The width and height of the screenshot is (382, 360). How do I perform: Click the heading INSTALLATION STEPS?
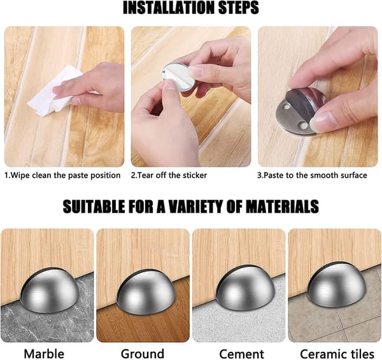(191, 8)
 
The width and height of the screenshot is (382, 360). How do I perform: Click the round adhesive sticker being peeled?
(177, 76)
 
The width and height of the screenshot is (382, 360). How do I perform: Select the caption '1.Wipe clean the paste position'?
(62, 175)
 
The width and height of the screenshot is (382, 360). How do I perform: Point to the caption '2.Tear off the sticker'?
(169, 175)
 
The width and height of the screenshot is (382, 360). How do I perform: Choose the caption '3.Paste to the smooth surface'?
(312, 175)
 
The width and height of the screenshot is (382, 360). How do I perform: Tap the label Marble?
(44, 354)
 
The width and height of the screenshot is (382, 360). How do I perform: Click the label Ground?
(143, 354)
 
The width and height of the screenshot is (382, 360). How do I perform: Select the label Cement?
(241, 354)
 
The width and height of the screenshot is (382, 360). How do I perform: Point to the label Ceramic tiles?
(337, 354)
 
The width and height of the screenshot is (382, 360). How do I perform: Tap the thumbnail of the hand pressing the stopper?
(318, 96)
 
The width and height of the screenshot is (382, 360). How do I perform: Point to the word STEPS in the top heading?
(238, 8)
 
